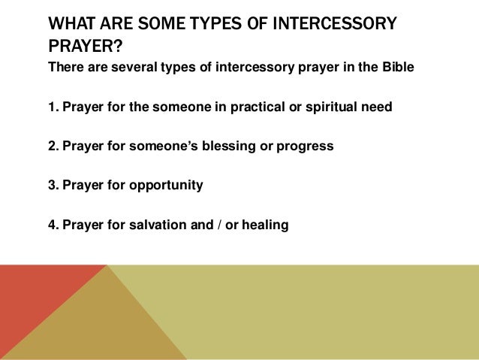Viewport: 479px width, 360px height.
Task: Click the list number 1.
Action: (53, 107)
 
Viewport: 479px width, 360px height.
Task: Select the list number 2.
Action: (53, 146)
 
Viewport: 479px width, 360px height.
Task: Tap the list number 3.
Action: (53, 185)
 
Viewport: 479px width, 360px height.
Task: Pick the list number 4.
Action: (53, 224)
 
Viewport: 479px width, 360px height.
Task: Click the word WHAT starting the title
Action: (70, 24)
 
